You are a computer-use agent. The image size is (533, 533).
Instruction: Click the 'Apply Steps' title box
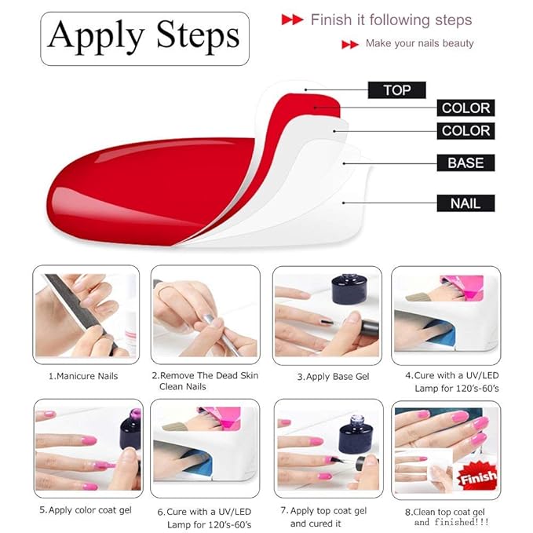[x=144, y=37]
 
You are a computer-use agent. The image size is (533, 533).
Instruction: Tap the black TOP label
[x=396, y=90]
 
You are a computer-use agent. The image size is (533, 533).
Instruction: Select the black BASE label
[x=465, y=163]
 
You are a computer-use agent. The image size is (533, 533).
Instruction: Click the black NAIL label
[x=465, y=203]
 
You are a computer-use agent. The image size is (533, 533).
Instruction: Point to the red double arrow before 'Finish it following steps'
[x=292, y=20]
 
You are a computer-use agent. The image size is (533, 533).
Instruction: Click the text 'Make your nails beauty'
[x=419, y=43]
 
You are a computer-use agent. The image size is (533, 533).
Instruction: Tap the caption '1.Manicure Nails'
[x=83, y=376]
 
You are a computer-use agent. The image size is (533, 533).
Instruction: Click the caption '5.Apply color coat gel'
[x=86, y=510]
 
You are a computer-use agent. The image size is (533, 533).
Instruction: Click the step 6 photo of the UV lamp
[x=205, y=447]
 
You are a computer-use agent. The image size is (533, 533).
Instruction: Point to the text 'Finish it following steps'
[x=391, y=20]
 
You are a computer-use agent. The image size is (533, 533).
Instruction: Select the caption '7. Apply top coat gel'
[x=328, y=511]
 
